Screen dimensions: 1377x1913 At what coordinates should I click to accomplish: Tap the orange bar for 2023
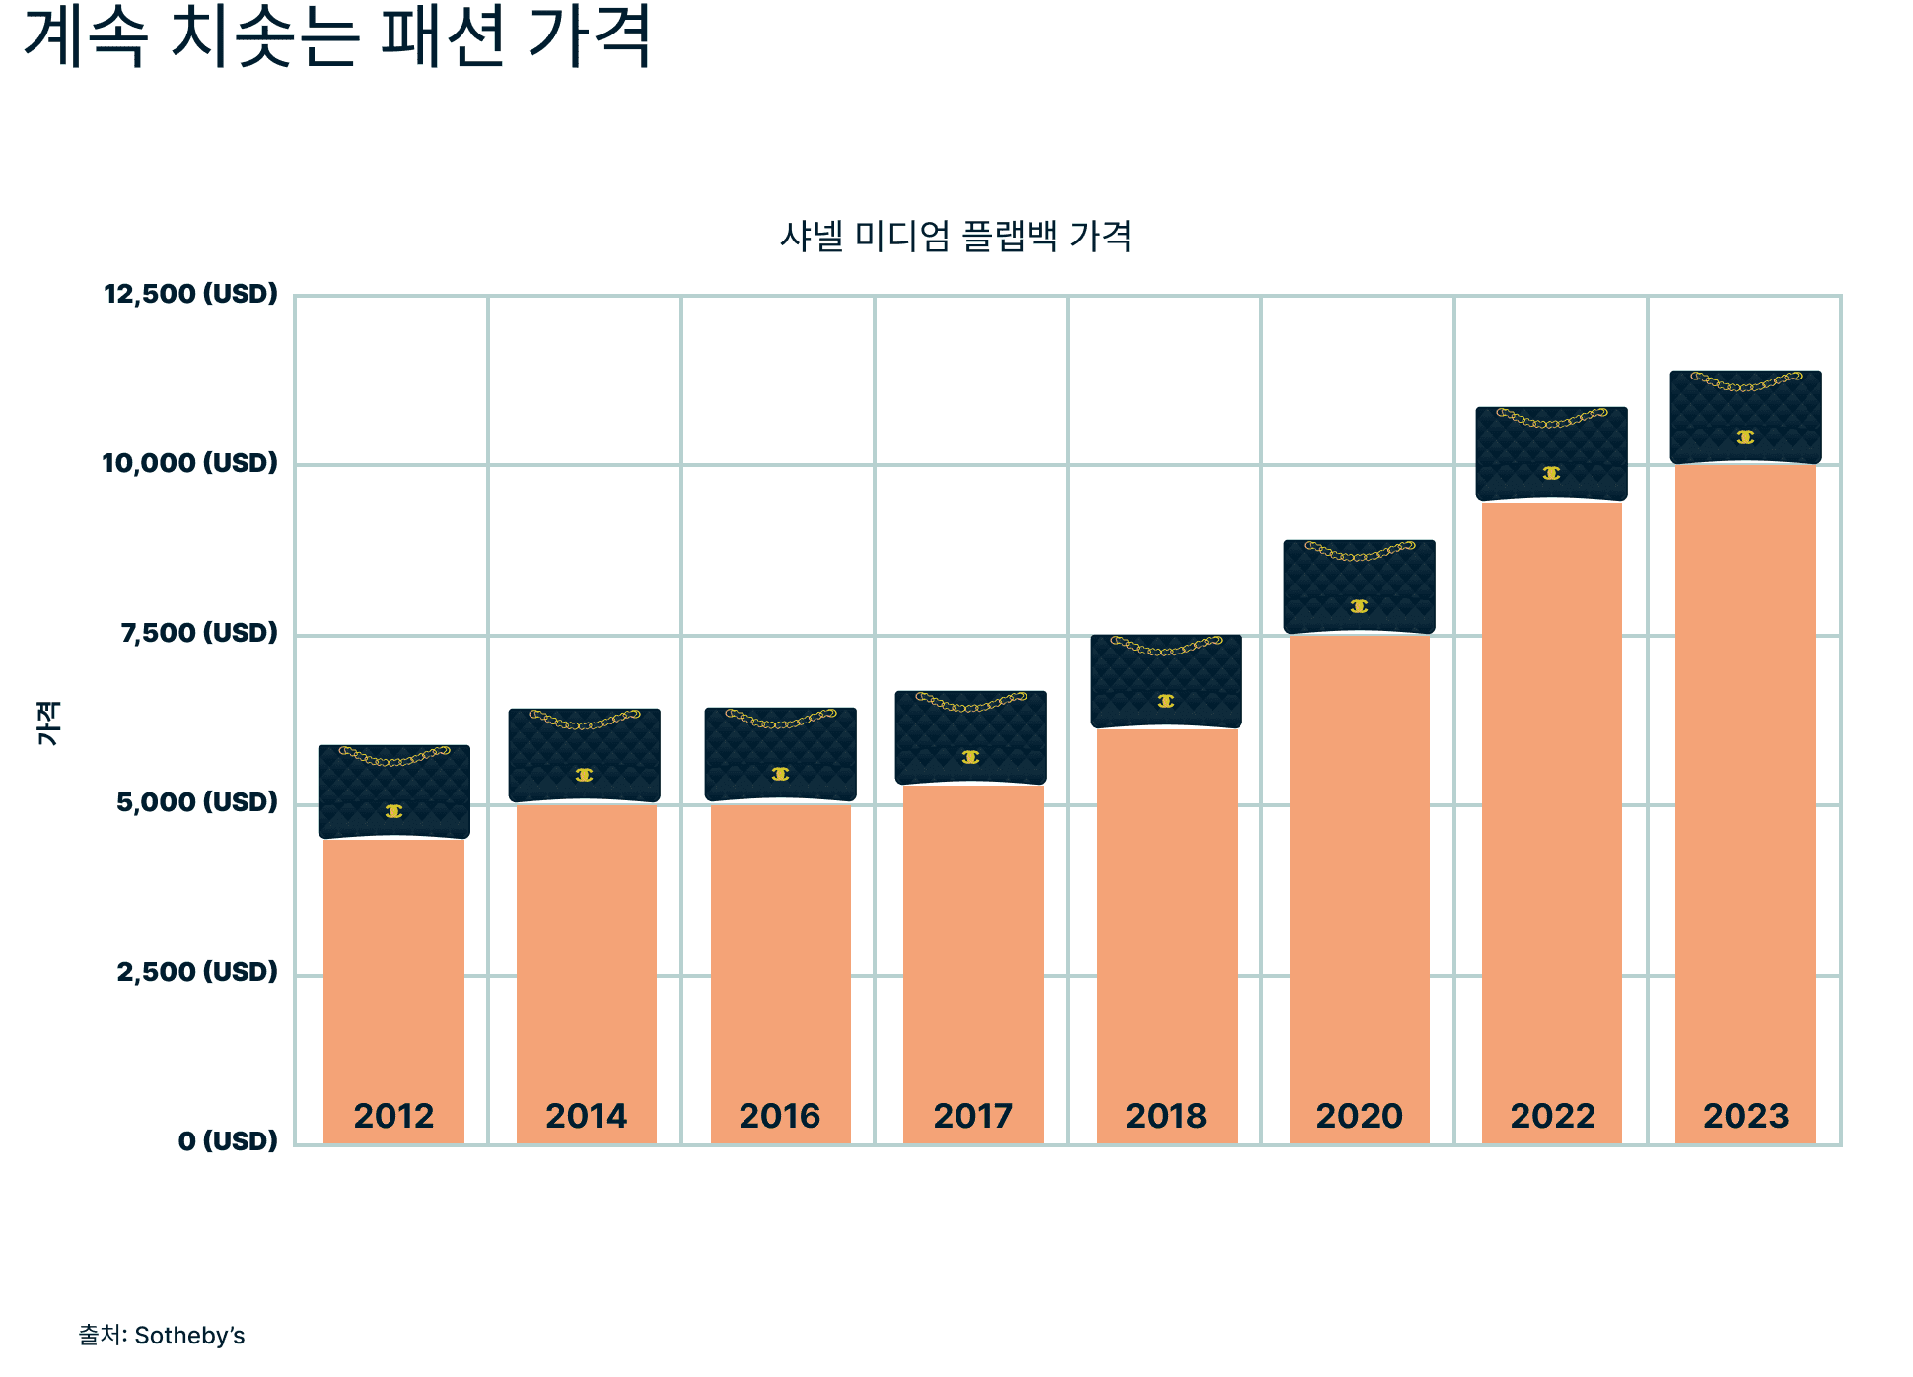(x=1745, y=789)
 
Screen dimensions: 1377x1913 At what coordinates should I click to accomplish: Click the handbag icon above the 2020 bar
(x=1359, y=586)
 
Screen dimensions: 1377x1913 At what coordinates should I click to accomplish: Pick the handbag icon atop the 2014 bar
(x=584, y=755)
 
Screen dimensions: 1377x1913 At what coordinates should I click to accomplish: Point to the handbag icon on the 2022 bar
(x=1551, y=453)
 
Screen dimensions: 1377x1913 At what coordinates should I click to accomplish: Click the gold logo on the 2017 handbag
(x=970, y=757)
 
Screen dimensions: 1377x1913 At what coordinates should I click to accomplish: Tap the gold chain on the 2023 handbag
(x=1745, y=381)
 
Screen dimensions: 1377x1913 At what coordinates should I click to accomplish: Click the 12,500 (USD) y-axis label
(x=190, y=294)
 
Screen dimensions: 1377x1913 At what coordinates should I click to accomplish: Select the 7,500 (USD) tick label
(x=199, y=633)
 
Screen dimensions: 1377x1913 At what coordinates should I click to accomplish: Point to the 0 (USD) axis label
(x=228, y=1141)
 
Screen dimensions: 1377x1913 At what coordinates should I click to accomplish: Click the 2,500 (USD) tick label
(x=197, y=972)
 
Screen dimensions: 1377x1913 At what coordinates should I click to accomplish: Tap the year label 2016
(x=779, y=1116)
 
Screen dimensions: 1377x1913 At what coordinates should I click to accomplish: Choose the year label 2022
(x=1552, y=1116)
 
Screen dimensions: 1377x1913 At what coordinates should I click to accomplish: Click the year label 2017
(x=972, y=1116)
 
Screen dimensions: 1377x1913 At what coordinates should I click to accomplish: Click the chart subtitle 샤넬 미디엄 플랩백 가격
(x=956, y=237)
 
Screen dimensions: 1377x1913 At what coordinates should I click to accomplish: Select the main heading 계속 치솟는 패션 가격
(x=337, y=37)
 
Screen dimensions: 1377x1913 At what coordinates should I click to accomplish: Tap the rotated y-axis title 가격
(x=48, y=723)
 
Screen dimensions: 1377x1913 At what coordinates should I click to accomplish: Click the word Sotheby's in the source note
(x=189, y=1336)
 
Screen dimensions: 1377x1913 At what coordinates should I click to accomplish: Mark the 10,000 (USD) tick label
(x=189, y=463)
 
